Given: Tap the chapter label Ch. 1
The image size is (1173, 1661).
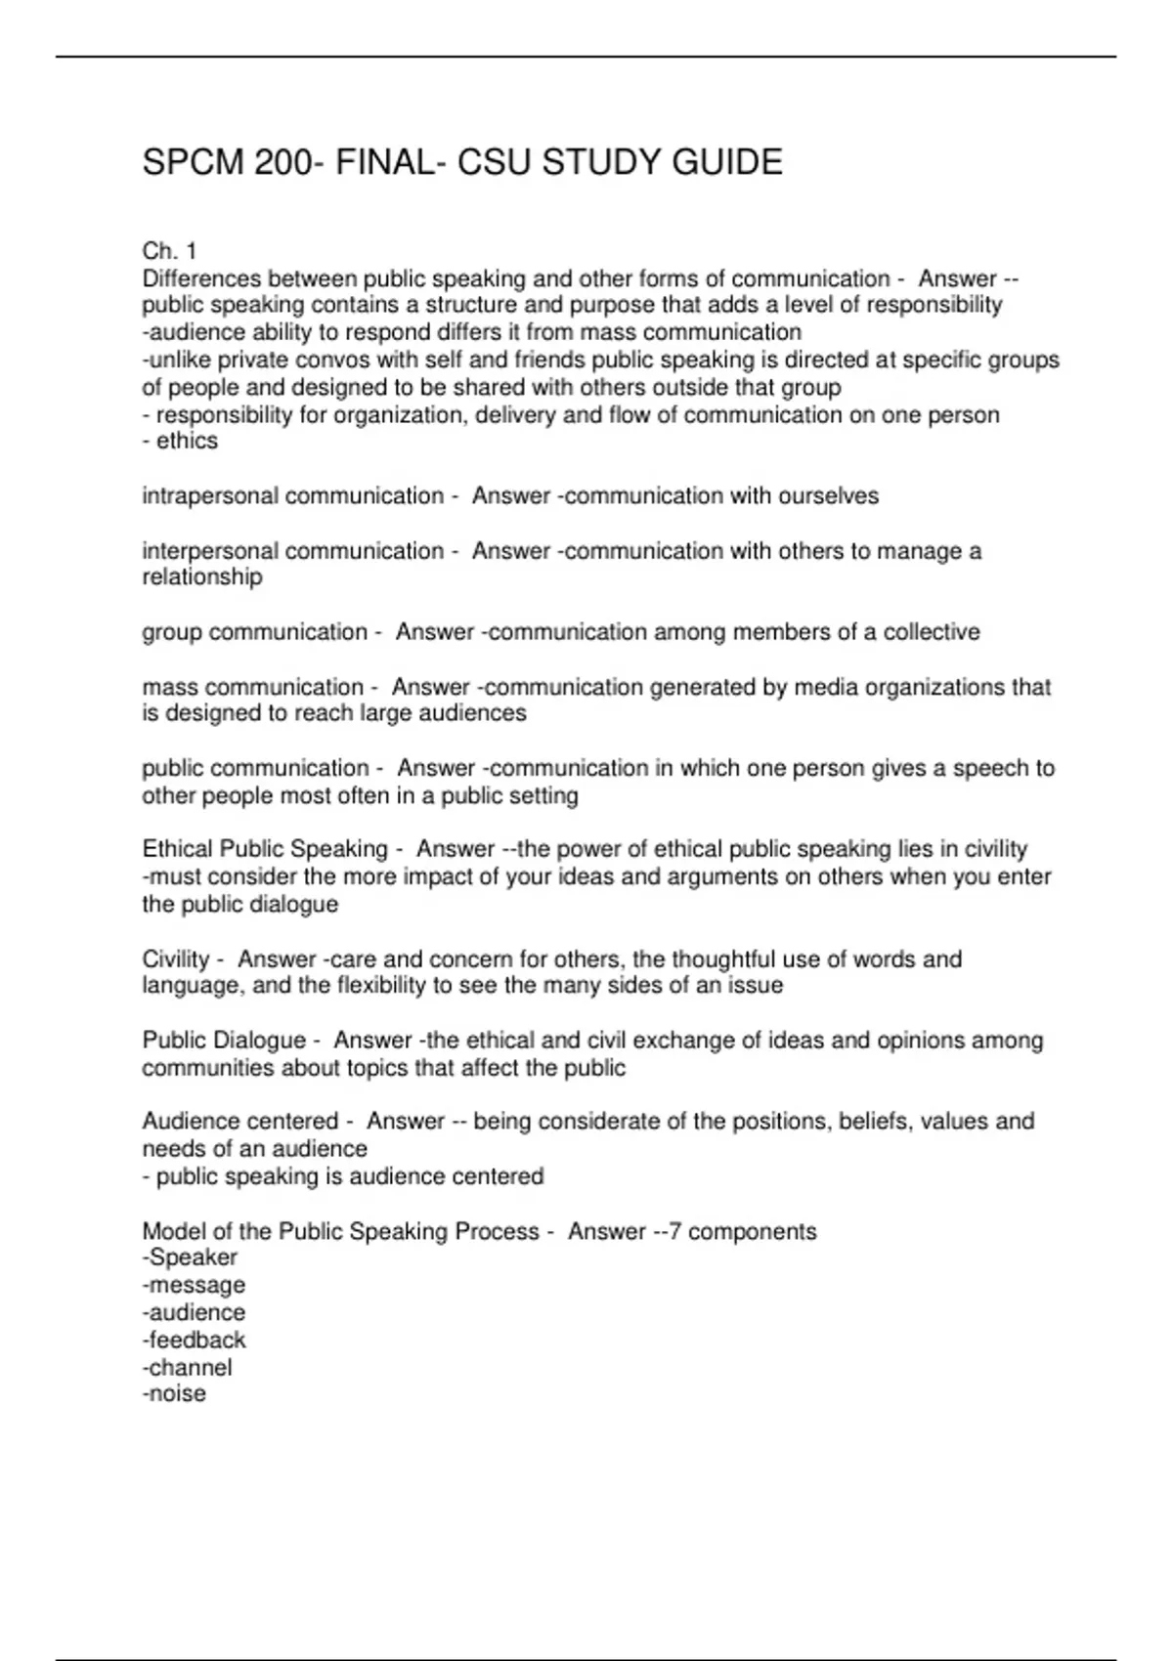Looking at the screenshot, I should click(169, 251).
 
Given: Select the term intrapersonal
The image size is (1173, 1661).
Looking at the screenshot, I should click(209, 496).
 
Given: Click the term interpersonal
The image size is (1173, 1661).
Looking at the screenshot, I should click(209, 551).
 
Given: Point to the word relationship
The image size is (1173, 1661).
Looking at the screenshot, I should click(202, 577).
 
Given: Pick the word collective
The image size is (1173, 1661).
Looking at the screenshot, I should click(931, 632).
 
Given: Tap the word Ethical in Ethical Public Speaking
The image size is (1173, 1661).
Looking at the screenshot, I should click(178, 849).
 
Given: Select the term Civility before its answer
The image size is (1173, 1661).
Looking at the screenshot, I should click(176, 959).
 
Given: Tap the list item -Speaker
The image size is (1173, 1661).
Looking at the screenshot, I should click(190, 1257).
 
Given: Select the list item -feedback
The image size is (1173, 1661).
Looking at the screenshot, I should click(194, 1340).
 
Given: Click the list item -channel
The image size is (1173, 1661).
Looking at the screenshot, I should click(187, 1367).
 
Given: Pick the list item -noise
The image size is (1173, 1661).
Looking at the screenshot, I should click(174, 1393).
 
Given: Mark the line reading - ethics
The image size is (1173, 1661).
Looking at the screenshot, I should click(180, 442).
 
